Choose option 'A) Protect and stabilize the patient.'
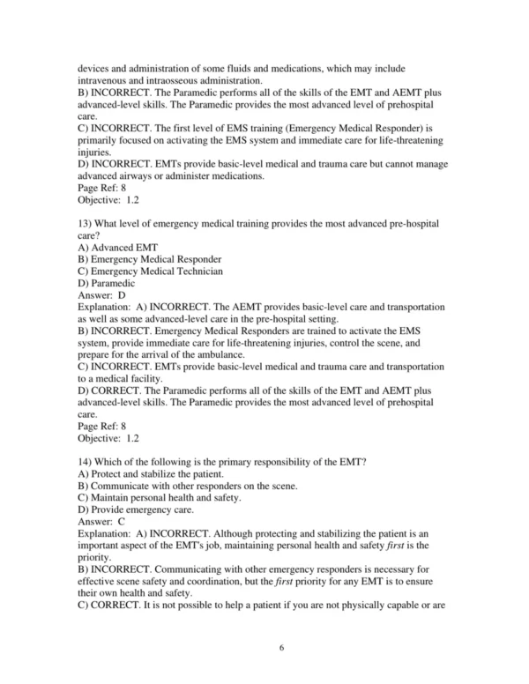click(x=150, y=472)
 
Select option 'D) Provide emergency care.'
click(x=130, y=509)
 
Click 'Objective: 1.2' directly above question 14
click(x=108, y=438)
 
